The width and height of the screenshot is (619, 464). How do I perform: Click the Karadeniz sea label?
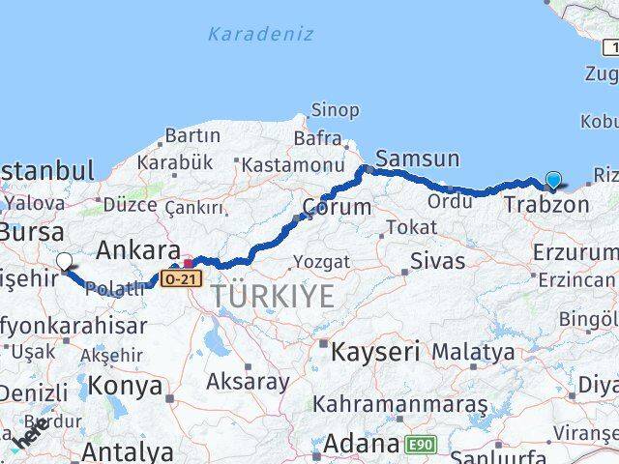[x=260, y=34]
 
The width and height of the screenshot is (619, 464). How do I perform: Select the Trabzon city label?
[x=545, y=205]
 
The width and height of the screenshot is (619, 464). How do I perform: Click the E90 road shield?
[x=422, y=443]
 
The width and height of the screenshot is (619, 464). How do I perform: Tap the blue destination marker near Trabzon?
[x=553, y=180]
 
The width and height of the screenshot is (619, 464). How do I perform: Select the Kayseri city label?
[x=375, y=352]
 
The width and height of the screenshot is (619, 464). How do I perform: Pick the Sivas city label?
[x=437, y=261]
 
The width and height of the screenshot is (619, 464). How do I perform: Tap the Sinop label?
[x=335, y=111]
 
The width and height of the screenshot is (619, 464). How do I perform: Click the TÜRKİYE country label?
[x=273, y=296]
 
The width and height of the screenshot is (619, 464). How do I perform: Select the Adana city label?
[x=361, y=445]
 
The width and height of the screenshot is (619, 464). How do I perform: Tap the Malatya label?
[x=473, y=352]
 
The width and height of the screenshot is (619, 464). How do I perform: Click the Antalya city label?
[x=128, y=450]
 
